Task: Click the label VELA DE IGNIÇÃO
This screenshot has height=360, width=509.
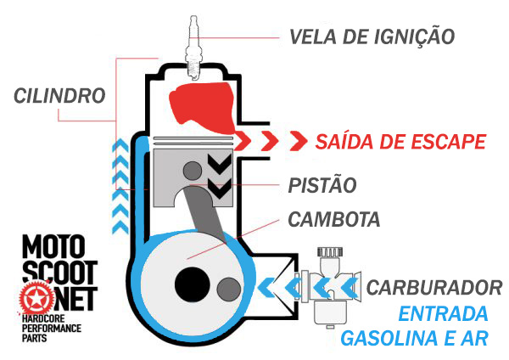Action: click(372, 37)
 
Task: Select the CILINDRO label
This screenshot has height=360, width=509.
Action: click(59, 93)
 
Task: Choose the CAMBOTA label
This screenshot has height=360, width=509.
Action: click(333, 219)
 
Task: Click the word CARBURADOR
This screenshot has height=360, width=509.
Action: click(433, 287)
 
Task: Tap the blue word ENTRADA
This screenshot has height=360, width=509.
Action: click(444, 312)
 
